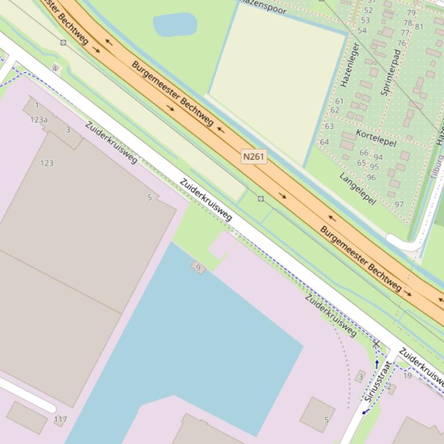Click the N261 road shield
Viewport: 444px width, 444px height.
point(254,156)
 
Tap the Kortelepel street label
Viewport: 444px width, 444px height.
point(376,137)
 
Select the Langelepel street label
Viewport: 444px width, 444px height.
point(358,188)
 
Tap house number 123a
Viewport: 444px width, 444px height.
point(39,120)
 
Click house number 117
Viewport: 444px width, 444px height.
point(60,420)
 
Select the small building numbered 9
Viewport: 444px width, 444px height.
point(198,268)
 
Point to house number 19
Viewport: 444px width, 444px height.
point(408,375)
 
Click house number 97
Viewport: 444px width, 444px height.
point(399,204)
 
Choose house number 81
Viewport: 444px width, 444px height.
point(419,27)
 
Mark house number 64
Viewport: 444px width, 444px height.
point(324,142)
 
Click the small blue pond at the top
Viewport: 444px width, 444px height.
point(175,25)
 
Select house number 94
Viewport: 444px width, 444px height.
point(378,157)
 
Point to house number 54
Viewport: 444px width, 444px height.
point(362,31)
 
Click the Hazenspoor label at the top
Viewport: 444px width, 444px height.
point(263,6)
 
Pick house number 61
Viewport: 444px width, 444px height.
point(339,101)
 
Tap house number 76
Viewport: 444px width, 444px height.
point(401,43)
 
